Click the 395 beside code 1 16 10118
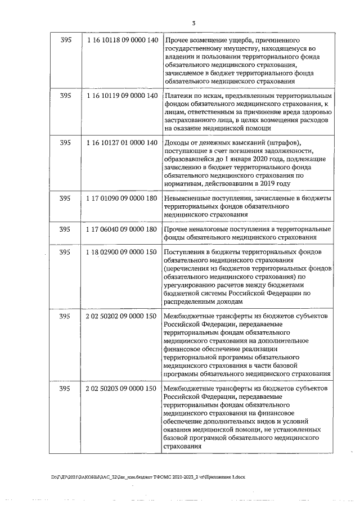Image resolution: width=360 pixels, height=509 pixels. click(65, 42)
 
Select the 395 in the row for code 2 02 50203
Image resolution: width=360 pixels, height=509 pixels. click(65, 389)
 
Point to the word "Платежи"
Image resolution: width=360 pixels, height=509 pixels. click(178, 96)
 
